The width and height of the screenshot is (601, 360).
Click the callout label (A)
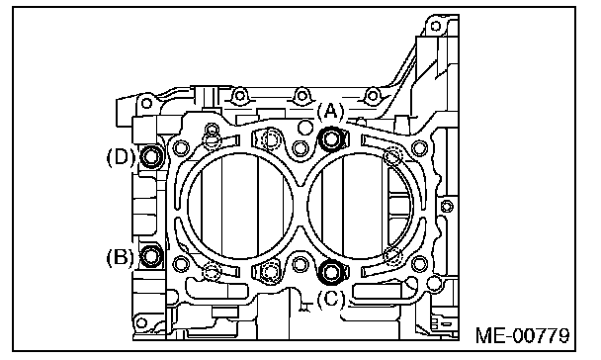pos(331,111)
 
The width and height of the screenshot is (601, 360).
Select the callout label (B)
pos(120,257)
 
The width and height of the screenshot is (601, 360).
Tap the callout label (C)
pos(331,299)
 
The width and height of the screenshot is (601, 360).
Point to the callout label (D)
pos(120,157)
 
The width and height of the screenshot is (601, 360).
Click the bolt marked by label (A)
pos(331,138)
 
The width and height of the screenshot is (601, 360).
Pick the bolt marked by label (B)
pos(151,256)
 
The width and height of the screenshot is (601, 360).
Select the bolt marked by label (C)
pos(331,271)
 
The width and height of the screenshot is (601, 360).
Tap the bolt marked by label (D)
pos(151,156)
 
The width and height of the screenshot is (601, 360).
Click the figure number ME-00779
pos(523,335)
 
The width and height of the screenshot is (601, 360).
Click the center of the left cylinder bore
pos(241,206)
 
